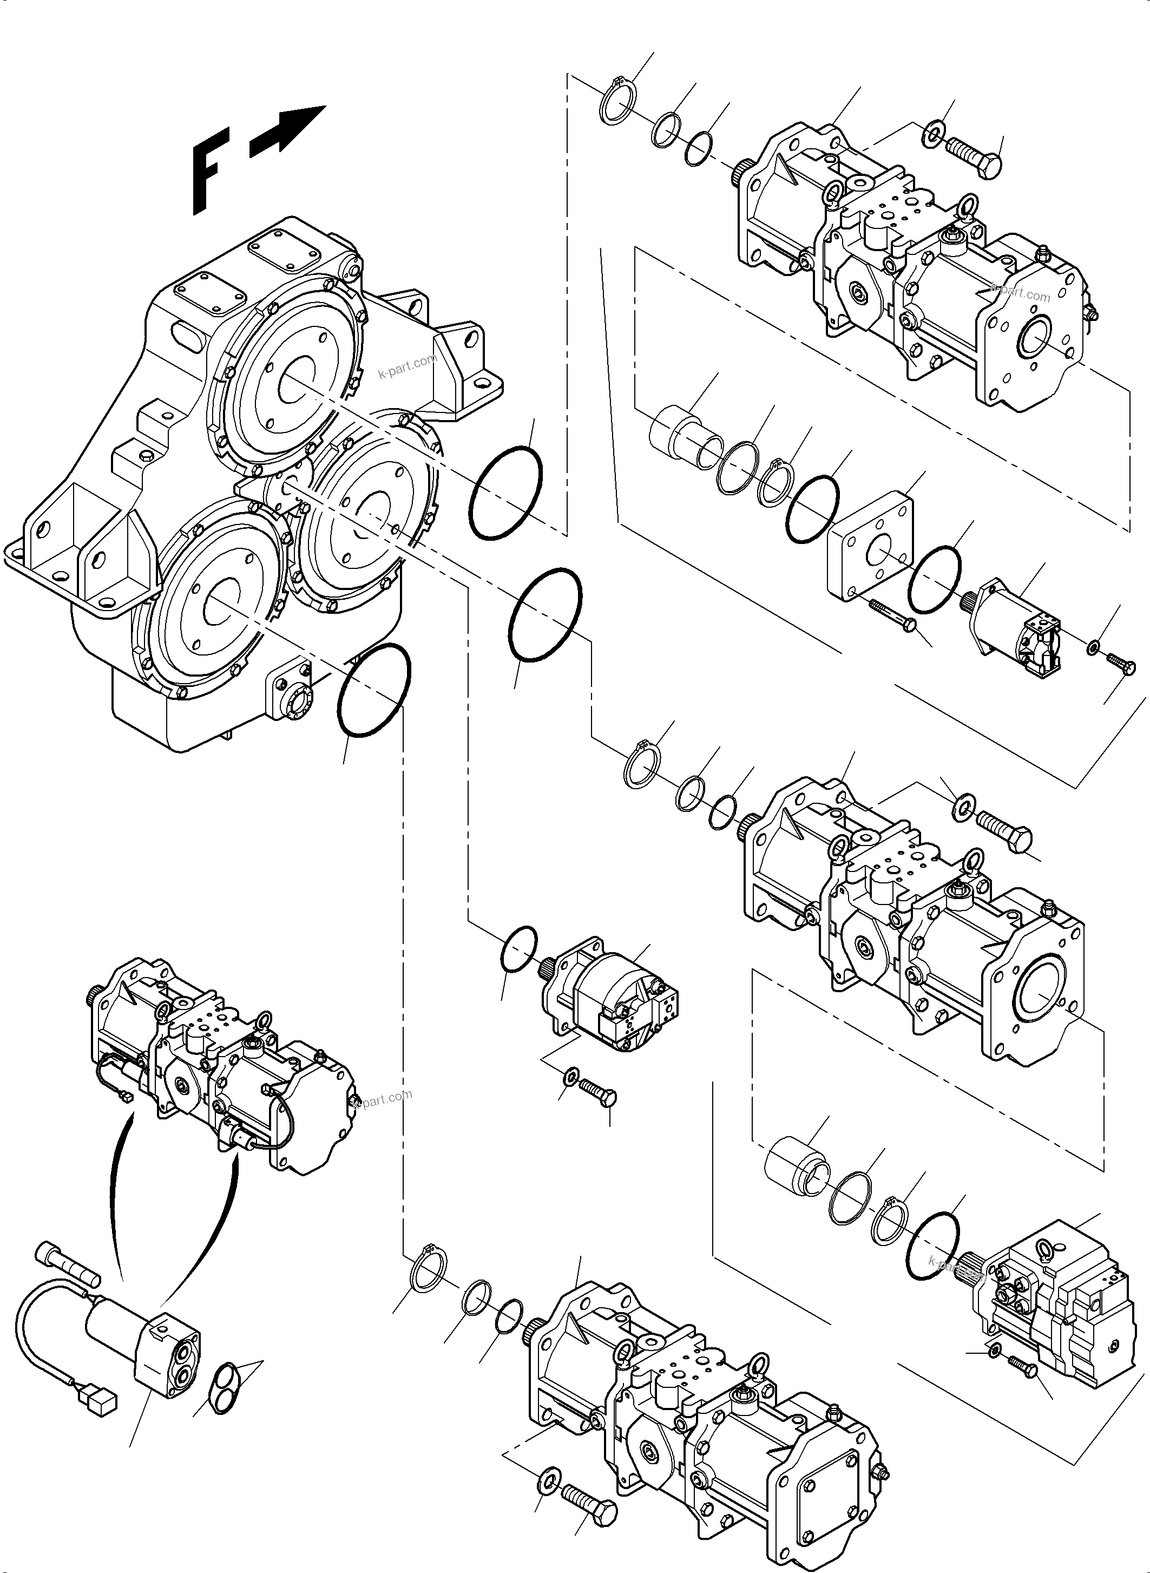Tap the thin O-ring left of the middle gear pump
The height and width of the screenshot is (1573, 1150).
(x=518, y=948)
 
